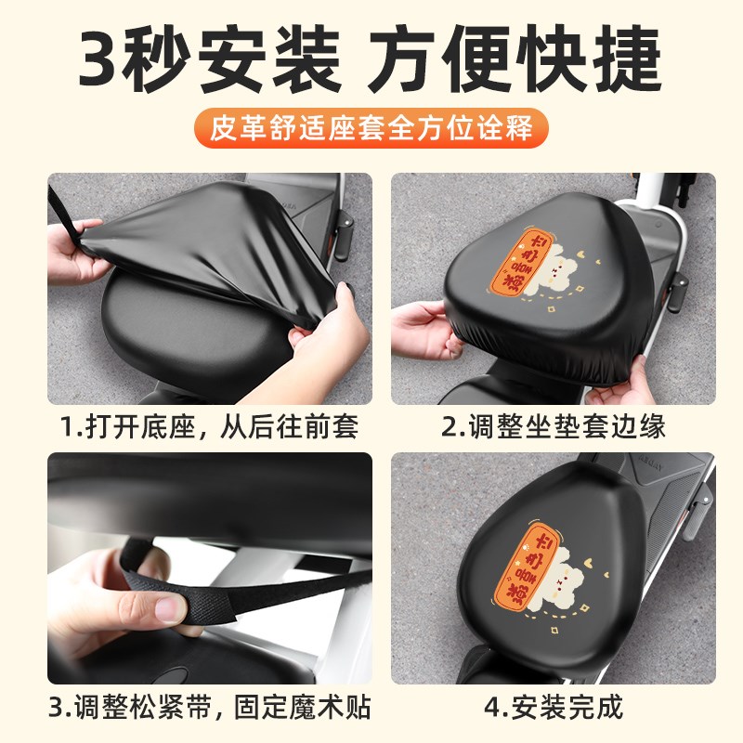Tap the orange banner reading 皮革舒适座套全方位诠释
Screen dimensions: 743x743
[371, 127]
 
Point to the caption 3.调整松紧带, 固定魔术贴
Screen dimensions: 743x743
[209, 710]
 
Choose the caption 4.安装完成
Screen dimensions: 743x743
[554, 710]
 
